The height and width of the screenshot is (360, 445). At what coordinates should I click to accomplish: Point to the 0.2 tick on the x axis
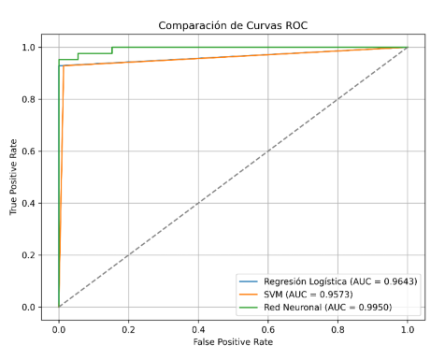pos(128,329)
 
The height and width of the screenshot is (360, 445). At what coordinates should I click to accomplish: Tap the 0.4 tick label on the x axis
pos(198,329)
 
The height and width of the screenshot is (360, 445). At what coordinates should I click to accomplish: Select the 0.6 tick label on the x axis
pos(268,329)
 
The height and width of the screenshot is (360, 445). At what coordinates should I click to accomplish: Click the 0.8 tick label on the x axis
pos(337,329)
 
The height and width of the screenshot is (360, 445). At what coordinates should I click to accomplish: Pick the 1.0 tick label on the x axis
pos(408,329)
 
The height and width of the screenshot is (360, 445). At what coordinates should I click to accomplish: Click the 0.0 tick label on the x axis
pos(59,329)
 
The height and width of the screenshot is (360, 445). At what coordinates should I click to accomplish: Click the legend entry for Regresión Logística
pos(338,281)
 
